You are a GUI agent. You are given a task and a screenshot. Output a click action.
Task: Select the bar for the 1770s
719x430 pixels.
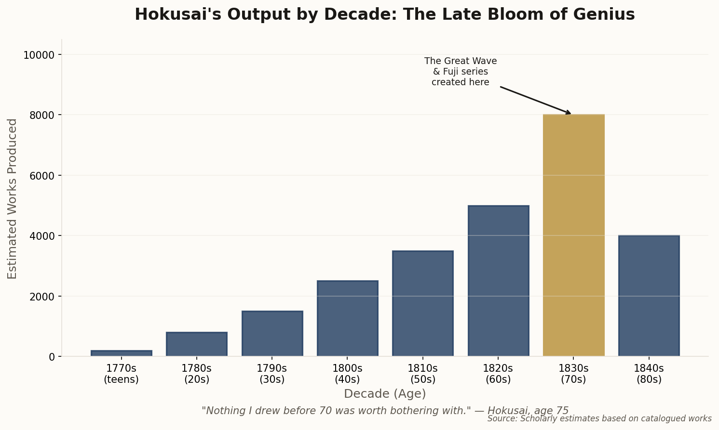122,353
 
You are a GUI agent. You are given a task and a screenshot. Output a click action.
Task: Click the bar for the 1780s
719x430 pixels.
197,344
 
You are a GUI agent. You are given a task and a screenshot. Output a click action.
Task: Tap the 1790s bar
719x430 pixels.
272,334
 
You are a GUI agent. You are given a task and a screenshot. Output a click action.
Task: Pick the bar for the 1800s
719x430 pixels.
347,318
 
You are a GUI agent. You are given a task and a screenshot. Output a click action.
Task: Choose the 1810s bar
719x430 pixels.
423,303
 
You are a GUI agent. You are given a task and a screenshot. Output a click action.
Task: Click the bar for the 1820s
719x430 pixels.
498,281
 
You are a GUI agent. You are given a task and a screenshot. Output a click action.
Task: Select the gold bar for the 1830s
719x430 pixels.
573,235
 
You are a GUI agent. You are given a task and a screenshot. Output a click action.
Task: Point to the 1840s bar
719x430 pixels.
649,296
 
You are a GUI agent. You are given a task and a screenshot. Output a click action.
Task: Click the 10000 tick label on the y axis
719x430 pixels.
39,55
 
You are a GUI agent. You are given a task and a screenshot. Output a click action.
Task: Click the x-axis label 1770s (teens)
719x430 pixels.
122,374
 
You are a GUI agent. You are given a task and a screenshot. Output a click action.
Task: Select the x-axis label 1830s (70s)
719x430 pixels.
573,374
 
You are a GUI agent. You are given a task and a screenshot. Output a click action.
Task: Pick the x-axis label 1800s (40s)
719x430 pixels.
347,374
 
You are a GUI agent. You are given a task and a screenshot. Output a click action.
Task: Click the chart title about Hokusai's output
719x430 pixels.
384,14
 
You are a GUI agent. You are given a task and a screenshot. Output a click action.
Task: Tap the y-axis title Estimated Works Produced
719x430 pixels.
13,198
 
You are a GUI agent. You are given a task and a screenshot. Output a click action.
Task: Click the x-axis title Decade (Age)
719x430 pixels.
385,394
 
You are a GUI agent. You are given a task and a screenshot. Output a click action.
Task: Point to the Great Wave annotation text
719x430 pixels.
461,72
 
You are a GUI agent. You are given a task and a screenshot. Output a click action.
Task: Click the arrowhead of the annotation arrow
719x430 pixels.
569,113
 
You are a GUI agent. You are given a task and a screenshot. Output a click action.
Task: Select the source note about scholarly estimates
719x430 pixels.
599,418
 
